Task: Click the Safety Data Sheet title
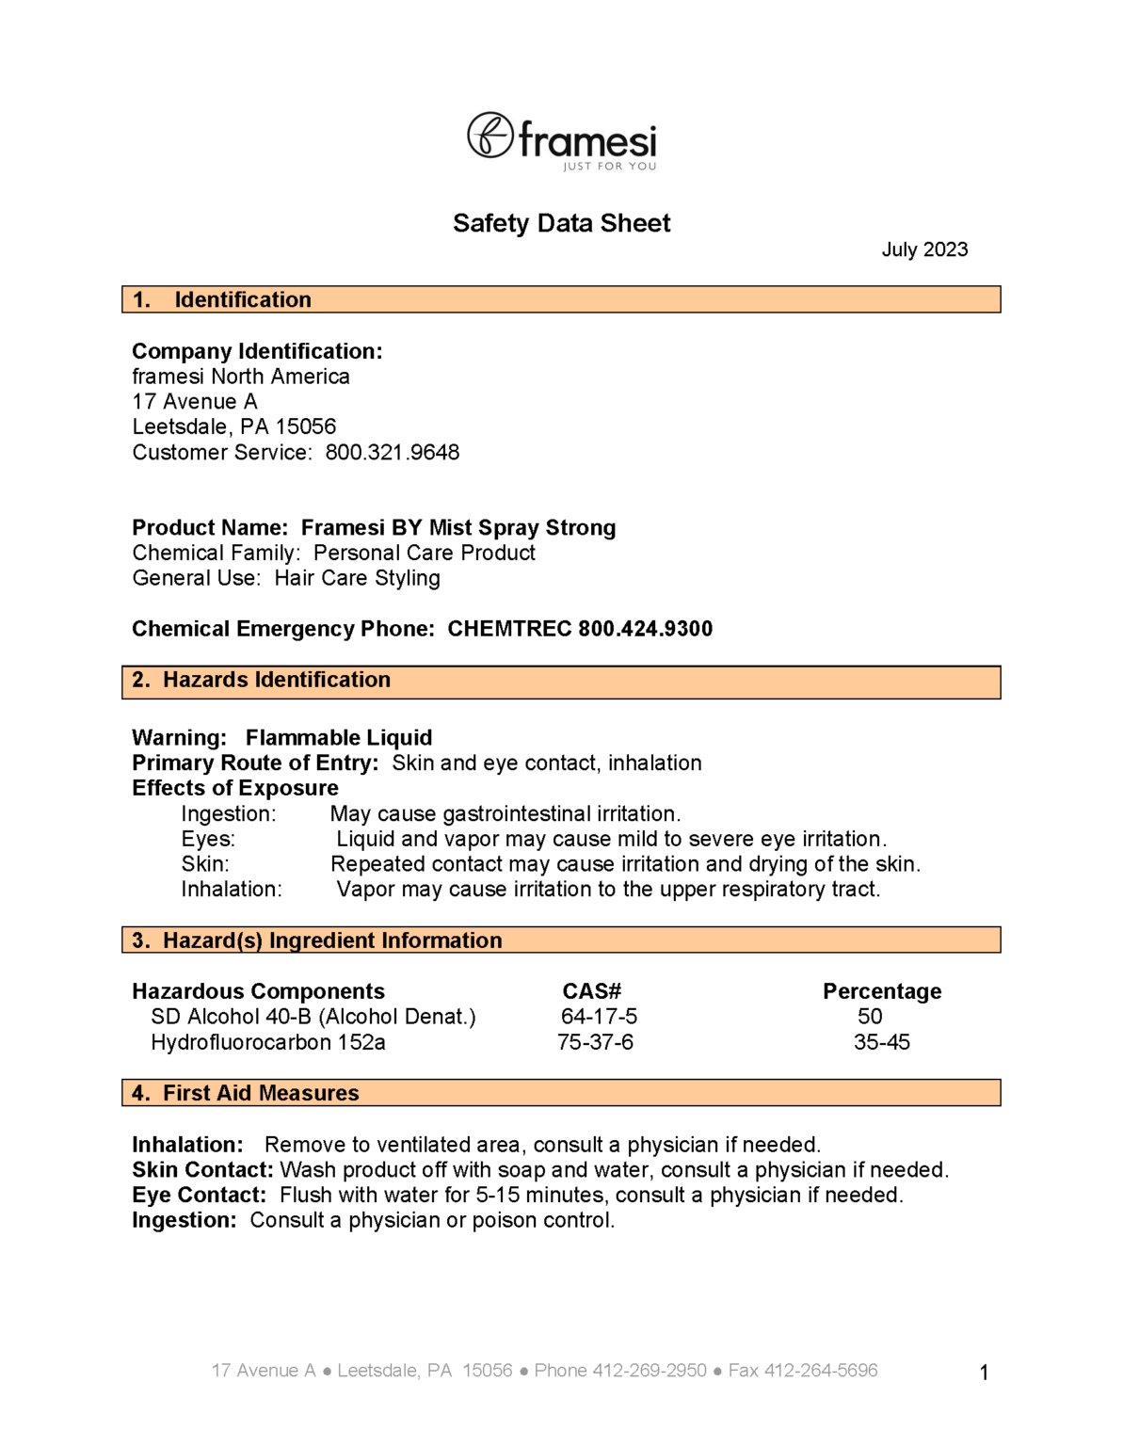(561, 223)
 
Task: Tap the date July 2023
(924, 249)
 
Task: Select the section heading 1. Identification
(222, 299)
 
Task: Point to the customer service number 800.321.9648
(393, 453)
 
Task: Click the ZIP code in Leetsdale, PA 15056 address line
(306, 427)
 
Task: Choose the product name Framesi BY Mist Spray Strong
(457, 528)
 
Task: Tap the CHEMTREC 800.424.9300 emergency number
(580, 629)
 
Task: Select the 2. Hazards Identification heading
(262, 680)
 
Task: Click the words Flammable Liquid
(339, 738)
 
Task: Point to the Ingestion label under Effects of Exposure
(229, 814)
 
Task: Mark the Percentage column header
(882, 991)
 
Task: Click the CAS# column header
(592, 991)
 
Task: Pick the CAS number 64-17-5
(599, 1017)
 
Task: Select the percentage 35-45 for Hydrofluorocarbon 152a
(882, 1042)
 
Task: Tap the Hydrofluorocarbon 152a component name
(268, 1043)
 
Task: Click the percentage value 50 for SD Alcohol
(870, 1017)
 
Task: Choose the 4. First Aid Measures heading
(246, 1093)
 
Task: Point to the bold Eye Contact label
(200, 1196)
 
